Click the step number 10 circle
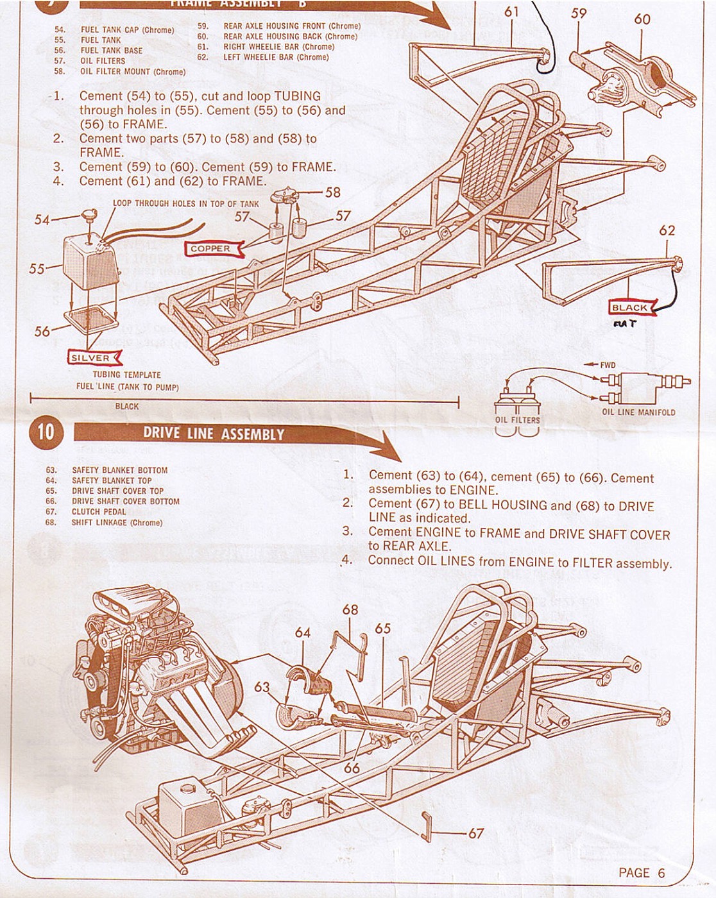[46, 431]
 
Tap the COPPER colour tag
[210, 249]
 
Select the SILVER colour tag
[90, 358]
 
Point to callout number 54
[42, 220]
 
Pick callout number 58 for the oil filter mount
[333, 192]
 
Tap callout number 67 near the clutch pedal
[475, 833]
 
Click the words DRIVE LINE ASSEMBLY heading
[213, 434]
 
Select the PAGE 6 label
[642, 872]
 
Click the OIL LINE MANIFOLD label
[638, 412]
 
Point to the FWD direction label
[608, 365]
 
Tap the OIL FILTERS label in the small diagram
[517, 420]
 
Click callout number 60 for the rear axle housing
[642, 19]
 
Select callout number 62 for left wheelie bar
[667, 230]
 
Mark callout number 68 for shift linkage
[350, 609]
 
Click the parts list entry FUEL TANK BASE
[111, 51]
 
